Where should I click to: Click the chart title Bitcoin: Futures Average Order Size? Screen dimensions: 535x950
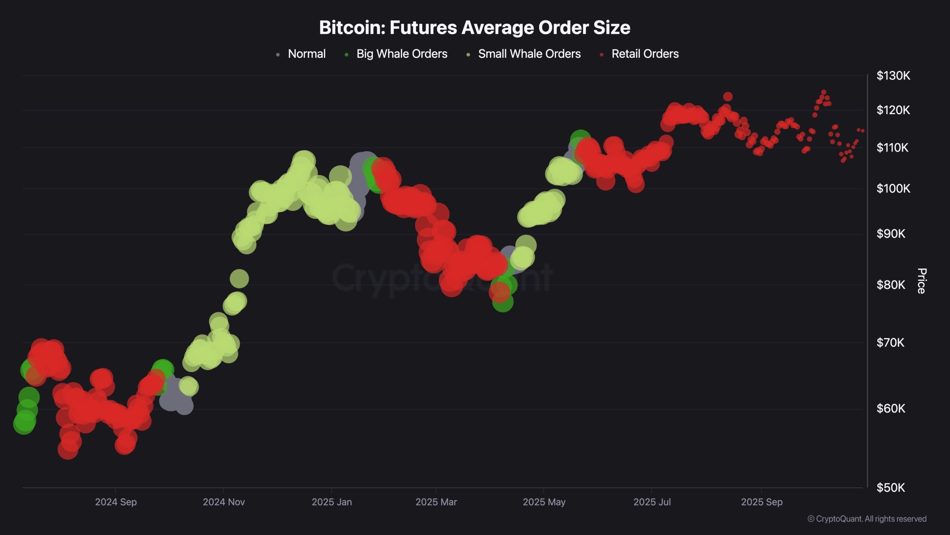(x=475, y=27)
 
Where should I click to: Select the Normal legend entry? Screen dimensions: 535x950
(x=306, y=54)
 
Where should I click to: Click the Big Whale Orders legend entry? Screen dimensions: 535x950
(x=402, y=54)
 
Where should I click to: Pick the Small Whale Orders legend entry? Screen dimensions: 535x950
(x=529, y=54)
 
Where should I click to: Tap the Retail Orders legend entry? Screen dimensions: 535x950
(x=645, y=54)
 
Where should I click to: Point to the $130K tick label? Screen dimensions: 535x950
(x=893, y=76)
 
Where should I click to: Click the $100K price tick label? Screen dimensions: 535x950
(x=893, y=189)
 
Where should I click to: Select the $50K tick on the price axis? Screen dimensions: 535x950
(x=891, y=487)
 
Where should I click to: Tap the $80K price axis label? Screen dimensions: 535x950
(x=891, y=285)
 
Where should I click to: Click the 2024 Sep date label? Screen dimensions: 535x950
(x=116, y=502)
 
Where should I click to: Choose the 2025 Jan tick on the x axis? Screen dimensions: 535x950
(x=331, y=502)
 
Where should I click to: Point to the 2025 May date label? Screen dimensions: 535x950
(x=544, y=502)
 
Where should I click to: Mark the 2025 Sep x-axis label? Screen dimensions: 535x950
(x=761, y=502)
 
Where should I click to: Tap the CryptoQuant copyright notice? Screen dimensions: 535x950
(x=867, y=519)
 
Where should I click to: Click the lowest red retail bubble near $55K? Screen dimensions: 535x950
(x=68, y=450)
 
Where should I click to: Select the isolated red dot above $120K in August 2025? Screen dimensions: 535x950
(x=728, y=97)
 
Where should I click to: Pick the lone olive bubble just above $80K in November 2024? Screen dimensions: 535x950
(x=239, y=279)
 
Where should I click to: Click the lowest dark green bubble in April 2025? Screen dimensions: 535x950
(x=503, y=302)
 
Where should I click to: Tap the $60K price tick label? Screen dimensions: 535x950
(x=891, y=409)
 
